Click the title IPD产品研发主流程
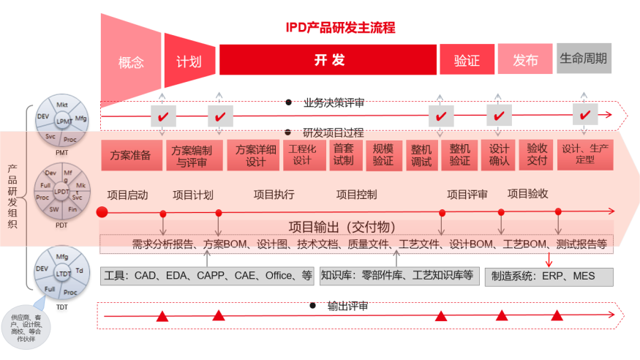pos(340,28)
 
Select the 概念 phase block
pos(130,62)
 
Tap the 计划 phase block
pos(188,61)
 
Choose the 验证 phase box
pos(466,60)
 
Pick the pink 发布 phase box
pos(525,60)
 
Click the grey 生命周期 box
pos(584,58)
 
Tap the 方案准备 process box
pos(131,155)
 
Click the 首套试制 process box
pos(343,155)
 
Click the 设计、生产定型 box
pos(586,155)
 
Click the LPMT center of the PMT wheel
pos(64,121)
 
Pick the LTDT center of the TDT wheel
pos(63,273)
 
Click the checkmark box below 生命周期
pos(584,116)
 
